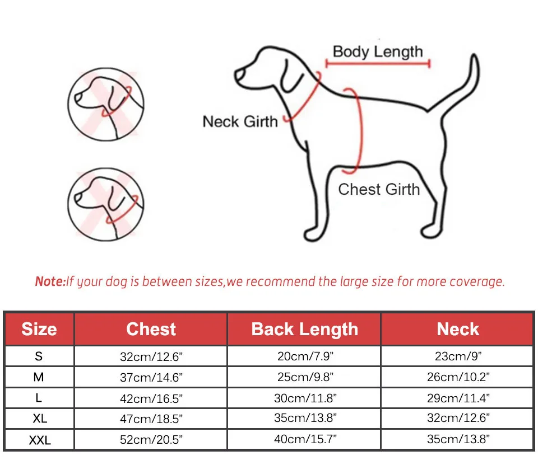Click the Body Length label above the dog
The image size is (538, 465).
378,52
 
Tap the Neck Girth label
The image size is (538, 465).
240,121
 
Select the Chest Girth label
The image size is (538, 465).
379,189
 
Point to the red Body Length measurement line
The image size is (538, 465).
378,63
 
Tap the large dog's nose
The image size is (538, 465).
239,76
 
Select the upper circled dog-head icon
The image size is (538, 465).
106,104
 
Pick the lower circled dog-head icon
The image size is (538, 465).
106,204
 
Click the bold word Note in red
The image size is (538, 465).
50,281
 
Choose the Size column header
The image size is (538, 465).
39,329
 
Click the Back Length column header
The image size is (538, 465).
305,329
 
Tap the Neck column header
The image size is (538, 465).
458,329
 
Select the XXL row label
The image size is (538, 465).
40,440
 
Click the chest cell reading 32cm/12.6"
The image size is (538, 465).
151,356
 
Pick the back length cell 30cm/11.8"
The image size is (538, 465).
305,398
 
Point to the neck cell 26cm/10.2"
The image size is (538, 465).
458,377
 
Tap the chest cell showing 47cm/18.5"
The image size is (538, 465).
151,419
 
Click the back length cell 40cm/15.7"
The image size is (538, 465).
305,439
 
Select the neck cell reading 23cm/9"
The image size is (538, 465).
458,356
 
